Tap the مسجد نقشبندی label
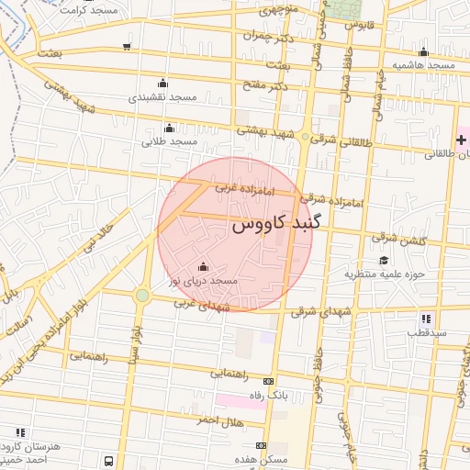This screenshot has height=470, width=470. [x=162, y=96]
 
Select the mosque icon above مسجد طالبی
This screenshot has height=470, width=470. [x=169, y=129]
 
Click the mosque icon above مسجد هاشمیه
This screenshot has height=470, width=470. [x=423, y=52]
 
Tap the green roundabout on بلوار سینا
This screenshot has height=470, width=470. [x=142, y=295]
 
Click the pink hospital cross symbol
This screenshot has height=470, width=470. [x=461, y=139]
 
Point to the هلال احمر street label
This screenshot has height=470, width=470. [x=218, y=420]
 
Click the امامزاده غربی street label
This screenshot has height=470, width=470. [x=239, y=187]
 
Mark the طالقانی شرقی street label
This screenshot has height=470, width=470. [x=336, y=140]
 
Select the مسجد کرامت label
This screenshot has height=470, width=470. [x=88, y=7]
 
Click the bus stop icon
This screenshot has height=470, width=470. [x=108, y=461]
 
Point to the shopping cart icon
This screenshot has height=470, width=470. [x=126, y=47]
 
